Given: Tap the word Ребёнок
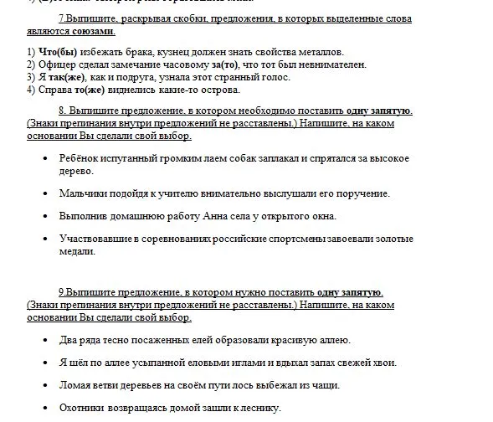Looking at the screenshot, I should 81,157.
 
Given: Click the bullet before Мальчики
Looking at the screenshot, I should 44,194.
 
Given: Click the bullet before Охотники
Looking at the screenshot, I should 44,409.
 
